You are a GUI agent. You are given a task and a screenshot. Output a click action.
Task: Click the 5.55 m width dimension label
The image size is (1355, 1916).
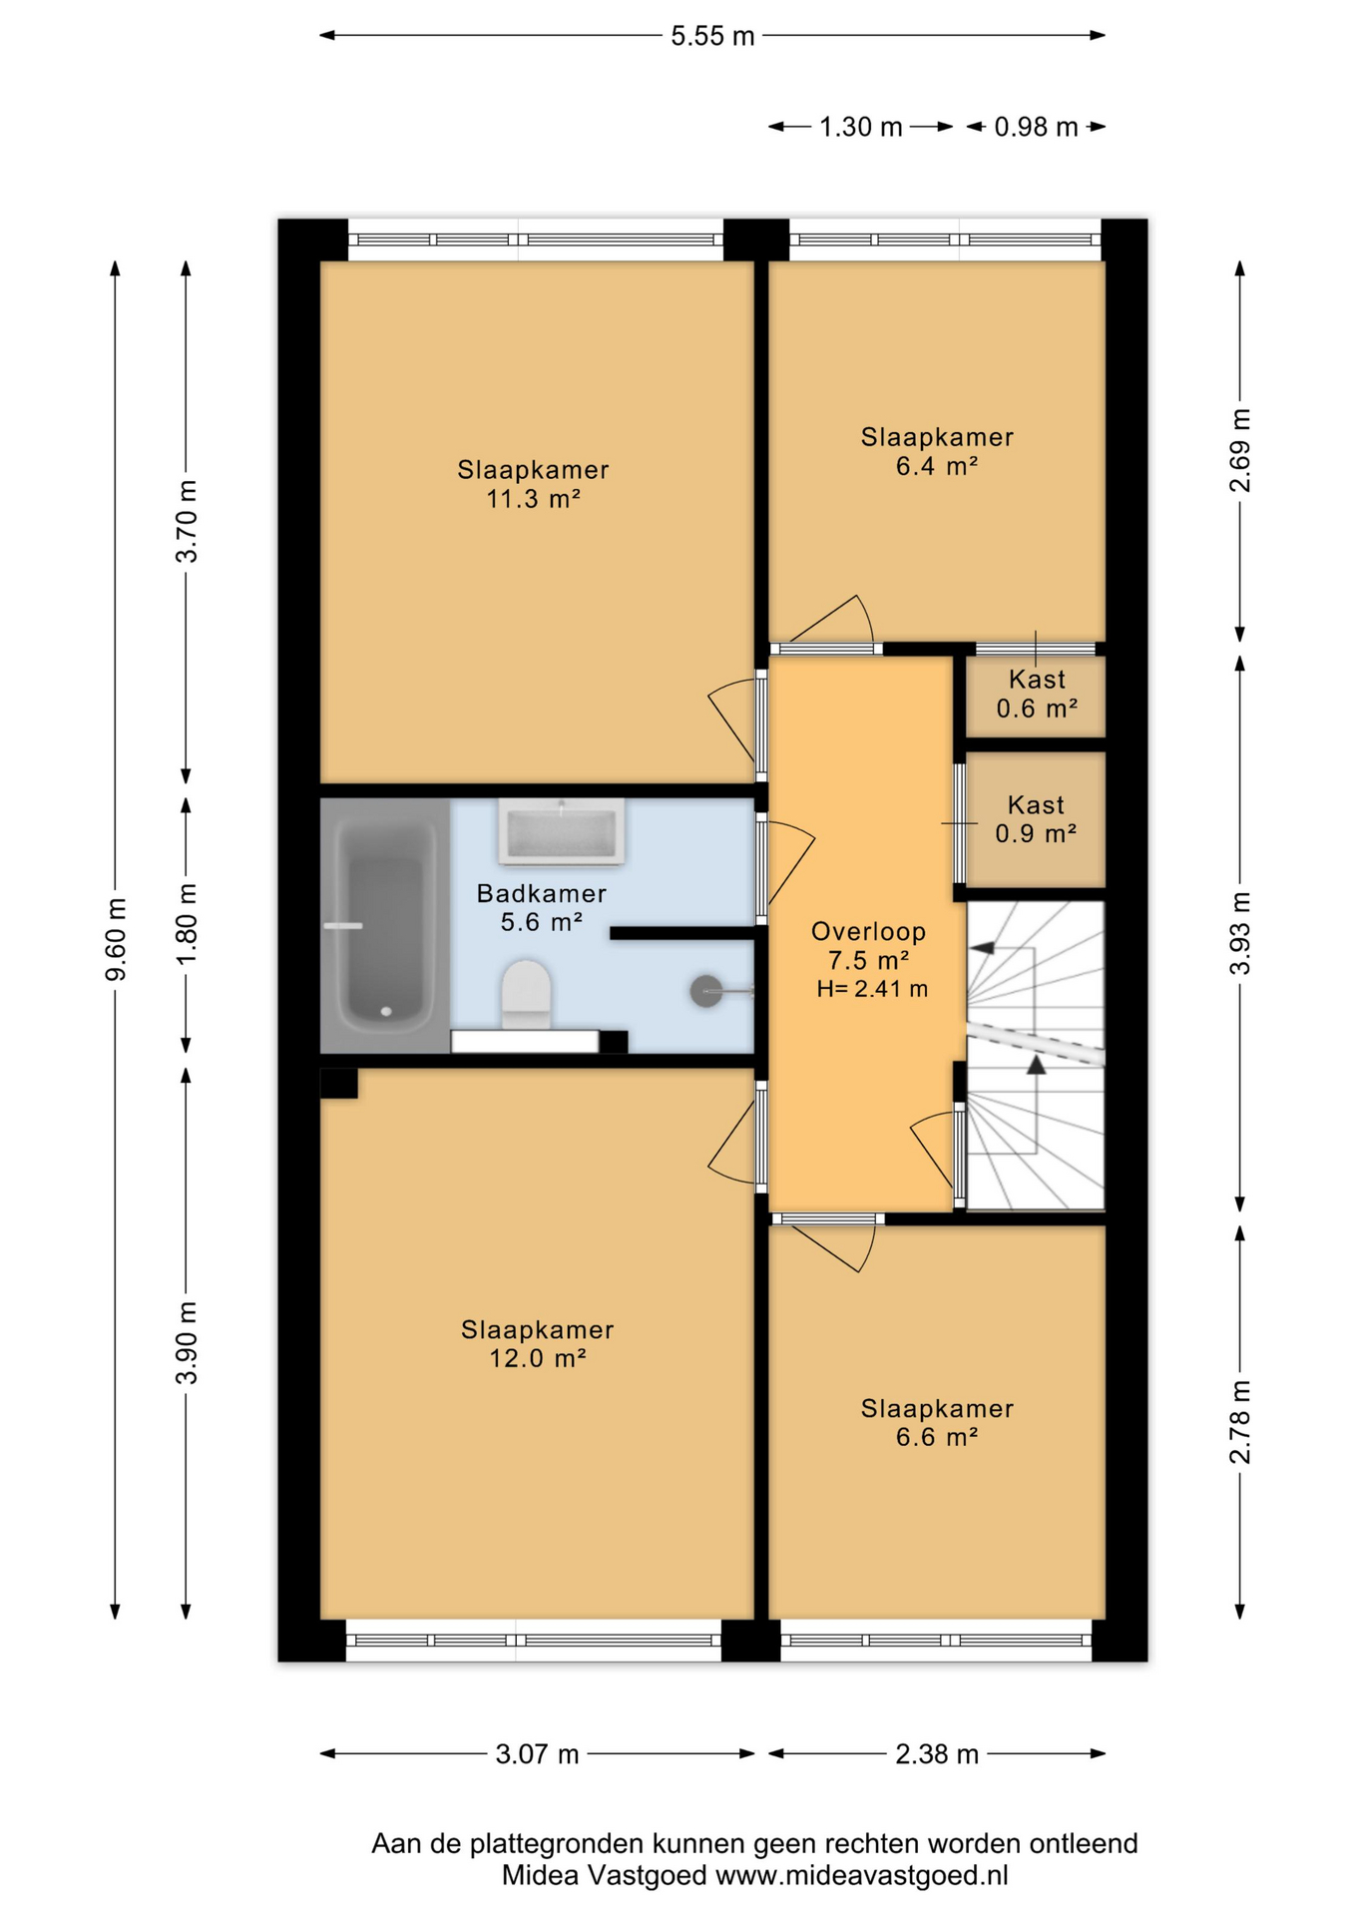[712, 37]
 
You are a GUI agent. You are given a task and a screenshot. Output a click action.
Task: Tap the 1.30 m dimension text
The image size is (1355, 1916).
[860, 128]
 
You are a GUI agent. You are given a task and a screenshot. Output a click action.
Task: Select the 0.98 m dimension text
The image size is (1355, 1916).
[1036, 128]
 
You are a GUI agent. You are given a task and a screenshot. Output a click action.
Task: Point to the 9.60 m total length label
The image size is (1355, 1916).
[116, 939]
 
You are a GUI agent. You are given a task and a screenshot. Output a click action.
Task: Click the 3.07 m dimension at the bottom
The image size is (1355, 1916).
[537, 1754]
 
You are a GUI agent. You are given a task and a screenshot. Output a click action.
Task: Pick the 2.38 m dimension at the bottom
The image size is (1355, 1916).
[937, 1754]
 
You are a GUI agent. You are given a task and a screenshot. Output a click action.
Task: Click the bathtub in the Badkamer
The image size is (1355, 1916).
[385, 925]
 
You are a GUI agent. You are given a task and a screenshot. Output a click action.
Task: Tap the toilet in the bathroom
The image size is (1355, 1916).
[526, 994]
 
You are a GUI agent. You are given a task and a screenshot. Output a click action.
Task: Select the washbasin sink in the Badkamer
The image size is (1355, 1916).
[562, 831]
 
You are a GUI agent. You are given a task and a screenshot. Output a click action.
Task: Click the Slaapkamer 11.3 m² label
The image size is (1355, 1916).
[534, 484]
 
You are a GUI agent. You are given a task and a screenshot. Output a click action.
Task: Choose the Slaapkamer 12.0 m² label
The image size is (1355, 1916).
[537, 1343]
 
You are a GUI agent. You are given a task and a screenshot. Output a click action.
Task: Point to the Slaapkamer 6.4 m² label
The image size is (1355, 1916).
[937, 451]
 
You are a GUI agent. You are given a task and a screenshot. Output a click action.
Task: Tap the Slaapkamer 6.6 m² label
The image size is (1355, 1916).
[937, 1422]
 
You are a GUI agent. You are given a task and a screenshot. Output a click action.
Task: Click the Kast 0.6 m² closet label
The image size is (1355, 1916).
[1037, 694]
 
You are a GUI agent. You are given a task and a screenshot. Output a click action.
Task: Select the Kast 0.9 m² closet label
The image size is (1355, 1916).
[1036, 819]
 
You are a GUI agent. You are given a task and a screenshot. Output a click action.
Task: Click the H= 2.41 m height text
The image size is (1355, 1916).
[872, 989]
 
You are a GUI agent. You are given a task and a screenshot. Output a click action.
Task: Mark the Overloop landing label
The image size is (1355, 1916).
[868, 932]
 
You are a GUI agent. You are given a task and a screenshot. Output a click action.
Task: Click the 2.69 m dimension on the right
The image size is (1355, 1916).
[1240, 451]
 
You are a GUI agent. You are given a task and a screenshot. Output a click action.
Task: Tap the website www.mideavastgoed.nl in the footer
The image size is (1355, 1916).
[862, 1875]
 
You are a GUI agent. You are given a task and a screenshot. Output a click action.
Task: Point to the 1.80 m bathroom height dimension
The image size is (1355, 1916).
[187, 924]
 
